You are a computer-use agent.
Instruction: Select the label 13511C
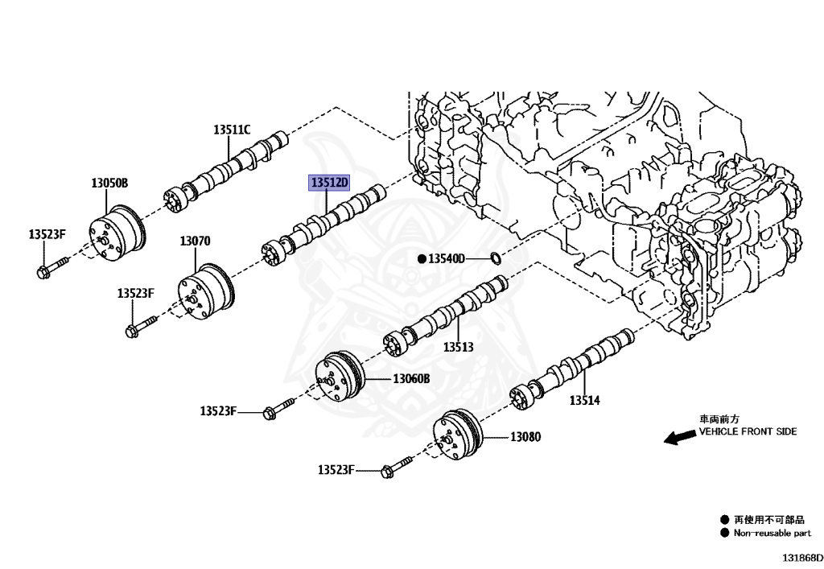[x=232, y=129]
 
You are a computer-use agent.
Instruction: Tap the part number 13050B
[x=109, y=183]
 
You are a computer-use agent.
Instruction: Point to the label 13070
[x=195, y=241]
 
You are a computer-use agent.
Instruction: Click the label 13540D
[x=446, y=258]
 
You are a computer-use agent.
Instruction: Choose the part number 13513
[x=458, y=348]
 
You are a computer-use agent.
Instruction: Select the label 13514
[x=585, y=400]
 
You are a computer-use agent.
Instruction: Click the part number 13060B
[x=411, y=378]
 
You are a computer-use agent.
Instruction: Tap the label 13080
[x=525, y=437]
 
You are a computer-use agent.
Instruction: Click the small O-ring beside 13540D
[x=496, y=258]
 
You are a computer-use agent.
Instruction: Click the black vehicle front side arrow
[x=679, y=436]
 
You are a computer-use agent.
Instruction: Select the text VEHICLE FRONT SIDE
[x=748, y=431]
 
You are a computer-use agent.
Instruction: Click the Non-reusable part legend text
[x=772, y=533]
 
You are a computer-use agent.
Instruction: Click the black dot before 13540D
[x=421, y=258]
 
